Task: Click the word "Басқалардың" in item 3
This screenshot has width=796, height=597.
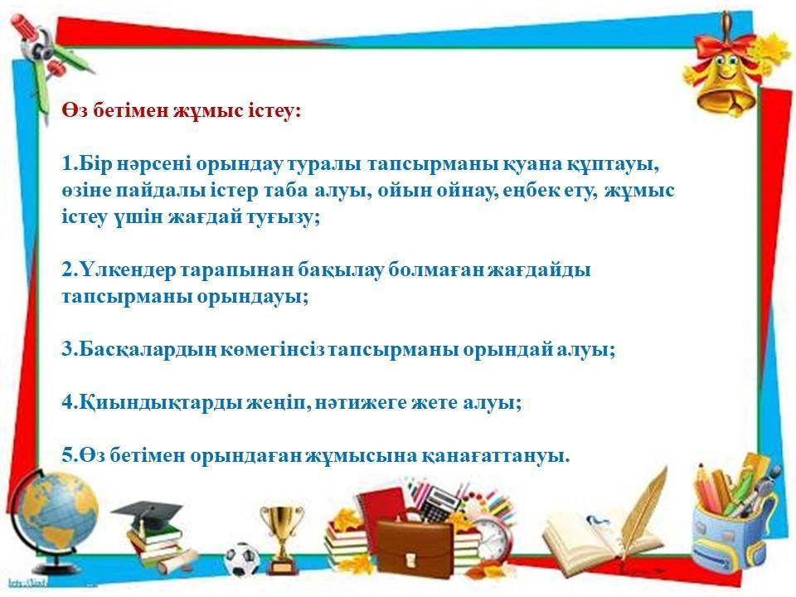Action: click(148, 350)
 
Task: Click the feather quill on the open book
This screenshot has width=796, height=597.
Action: click(645, 507)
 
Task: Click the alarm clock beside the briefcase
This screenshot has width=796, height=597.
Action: click(492, 537)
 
